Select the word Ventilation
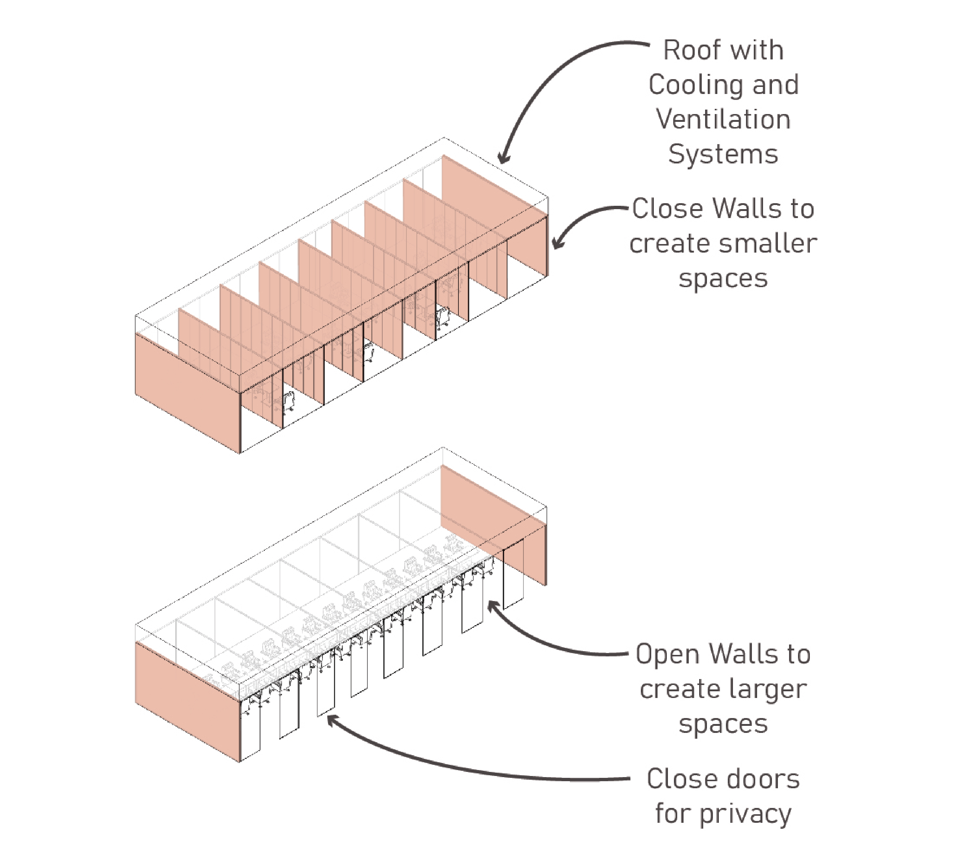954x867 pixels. click(x=723, y=120)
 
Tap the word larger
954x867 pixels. click(x=770, y=689)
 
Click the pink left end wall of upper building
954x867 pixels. click(x=187, y=393)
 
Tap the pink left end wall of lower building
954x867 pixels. click(x=187, y=701)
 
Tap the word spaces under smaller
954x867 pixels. click(x=723, y=279)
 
